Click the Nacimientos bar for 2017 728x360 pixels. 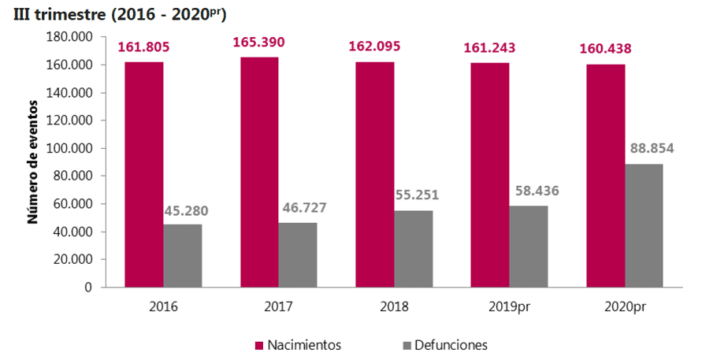pyautogui.click(x=259, y=172)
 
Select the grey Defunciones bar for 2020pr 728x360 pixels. pyautogui.click(x=644, y=225)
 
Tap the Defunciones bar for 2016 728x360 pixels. pyautogui.click(x=182, y=255)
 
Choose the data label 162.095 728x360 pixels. pyautogui.click(x=374, y=47)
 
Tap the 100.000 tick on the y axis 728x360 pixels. pyautogui.click(x=71, y=148)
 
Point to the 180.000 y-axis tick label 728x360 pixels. pyautogui.click(x=71, y=37)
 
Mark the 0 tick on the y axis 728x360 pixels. pyautogui.click(x=89, y=288)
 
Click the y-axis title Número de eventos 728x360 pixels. pyautogui.click(x=33, y=161)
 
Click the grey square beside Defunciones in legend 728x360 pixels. pyautogui.click(x=407, y=345)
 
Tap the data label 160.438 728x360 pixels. pyautogui.click(x=605, y=49)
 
